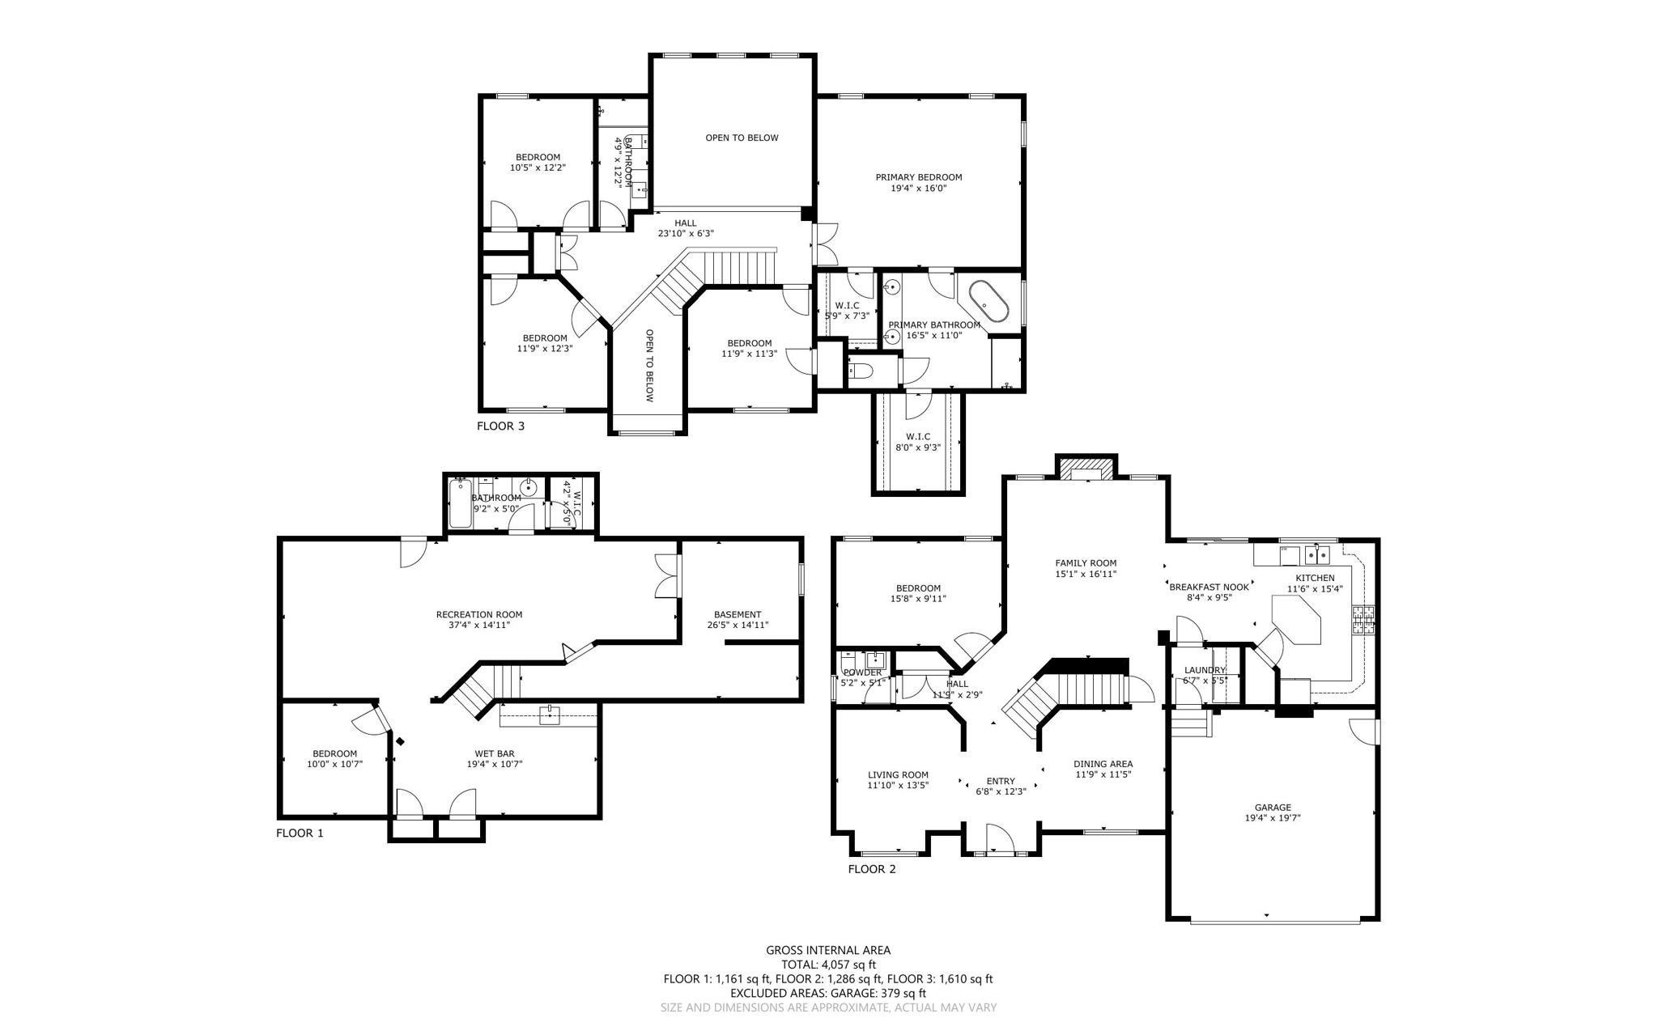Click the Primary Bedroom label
pyautogui.click(x=918, y=177)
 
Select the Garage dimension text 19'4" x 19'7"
pyautogui.click(x=1273, y=818)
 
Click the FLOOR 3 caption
pyautogui.click(x=500, y=426)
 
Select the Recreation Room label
pyautogui.click(x=479, y=614)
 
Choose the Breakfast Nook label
pyautogui.click(x=1209, y=587)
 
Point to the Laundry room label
pyautogui.click(x=1205, y=670)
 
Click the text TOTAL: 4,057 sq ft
pyautogui.click(x=828, y=965)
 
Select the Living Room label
pyautogui.click(x=898, y=774)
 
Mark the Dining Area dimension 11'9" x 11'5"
pyautogui.click(x=1103, y=774)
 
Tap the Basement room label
pyautogui.click(x=737, y=614)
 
